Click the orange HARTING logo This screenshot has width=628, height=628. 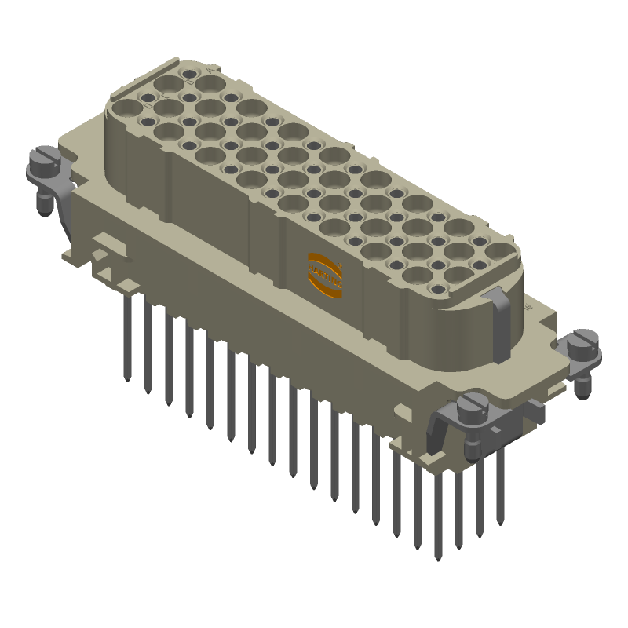point(324,276)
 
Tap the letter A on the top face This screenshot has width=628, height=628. point(210,71)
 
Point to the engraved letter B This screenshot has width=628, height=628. point(190,81)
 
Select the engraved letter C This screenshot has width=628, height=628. point(166,96)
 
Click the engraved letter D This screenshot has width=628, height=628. point(148,105)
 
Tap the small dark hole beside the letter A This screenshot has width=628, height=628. point(190,74)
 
